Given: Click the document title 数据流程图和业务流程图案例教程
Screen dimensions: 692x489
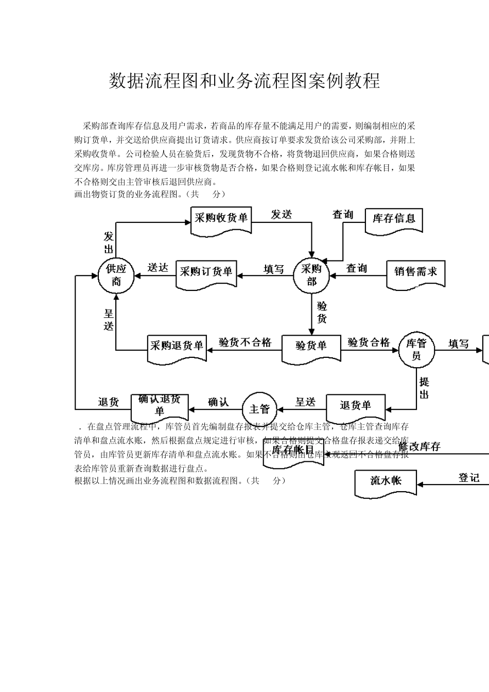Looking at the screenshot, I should point(244,81).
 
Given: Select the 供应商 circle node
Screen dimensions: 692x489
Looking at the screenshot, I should point(116,275).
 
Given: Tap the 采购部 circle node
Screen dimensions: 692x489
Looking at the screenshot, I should point(311,275).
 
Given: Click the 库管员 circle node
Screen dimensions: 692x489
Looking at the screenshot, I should point(416,350).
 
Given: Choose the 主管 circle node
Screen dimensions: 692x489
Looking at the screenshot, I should point(259,409).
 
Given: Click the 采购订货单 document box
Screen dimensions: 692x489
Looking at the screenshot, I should point(206,272).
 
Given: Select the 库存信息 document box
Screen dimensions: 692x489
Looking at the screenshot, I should point(394,219).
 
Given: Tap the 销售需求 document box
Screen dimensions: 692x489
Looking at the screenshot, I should point(415,272).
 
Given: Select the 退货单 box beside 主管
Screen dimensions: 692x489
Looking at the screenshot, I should point(355,407).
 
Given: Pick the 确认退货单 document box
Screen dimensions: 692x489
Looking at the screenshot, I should point(160,406).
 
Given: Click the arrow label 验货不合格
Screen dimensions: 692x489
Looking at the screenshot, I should point(245,342).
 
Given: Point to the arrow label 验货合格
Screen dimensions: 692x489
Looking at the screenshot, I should point(369,342).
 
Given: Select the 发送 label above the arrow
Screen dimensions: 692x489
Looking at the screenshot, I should point(282,215).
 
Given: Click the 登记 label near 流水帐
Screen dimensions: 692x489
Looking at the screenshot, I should point(469,478).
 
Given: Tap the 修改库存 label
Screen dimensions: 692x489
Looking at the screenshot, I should point(420,447).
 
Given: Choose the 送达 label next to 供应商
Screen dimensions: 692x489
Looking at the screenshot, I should point(158,268).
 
